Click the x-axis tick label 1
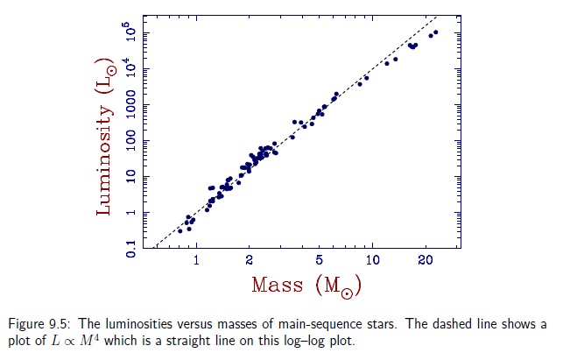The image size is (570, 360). [x=196, y=261]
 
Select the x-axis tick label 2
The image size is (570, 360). [x=250, y=261]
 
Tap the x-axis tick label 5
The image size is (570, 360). [x=320, y=261]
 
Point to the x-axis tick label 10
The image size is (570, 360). [x=372, y=261]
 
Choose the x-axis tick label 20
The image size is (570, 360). [x=426, y=261]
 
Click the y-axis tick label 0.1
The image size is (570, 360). [x=132, y=249]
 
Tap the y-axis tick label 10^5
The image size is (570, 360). [x=131, y=33]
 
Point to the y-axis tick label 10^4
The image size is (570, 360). [x=131, y=69]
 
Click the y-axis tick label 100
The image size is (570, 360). [x=132, y=140]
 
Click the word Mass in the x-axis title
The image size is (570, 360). [x=277, y=286]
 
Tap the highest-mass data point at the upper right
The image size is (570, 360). [x=436, y=32]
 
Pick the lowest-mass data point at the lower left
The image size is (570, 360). [x=179, y=230]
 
